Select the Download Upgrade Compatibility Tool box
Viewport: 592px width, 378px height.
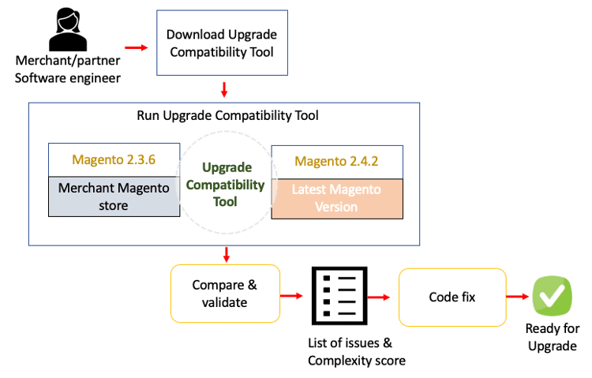pos(222,43)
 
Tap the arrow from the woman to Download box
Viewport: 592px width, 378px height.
pos(137,48)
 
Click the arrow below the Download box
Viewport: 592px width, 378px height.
pos(224,89)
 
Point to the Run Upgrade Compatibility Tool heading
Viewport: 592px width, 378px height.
pos(227,116)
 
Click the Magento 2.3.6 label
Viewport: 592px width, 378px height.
pos(114,159)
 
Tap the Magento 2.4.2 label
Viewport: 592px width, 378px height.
pos(336,161)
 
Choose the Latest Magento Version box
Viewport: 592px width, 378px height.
pos(336,198)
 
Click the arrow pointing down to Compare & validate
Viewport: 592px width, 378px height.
pos(227,255)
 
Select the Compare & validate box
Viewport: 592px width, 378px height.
pos(226,293)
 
